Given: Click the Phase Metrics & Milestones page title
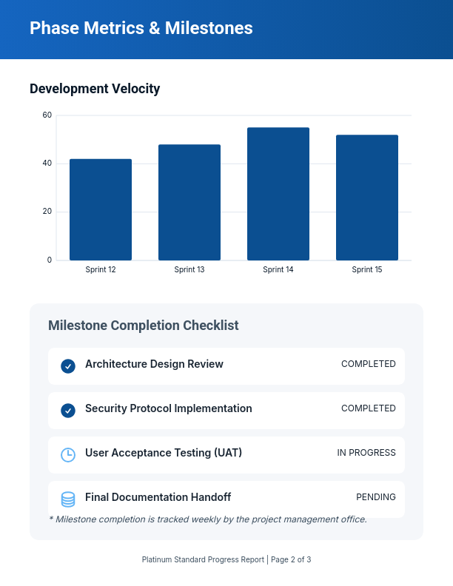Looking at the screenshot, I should [x=141, y=28].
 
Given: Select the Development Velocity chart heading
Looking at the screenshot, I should [x=95, y=89].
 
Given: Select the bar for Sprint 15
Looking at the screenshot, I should [x=367, y=198].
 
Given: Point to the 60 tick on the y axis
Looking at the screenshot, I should [x=47, y=115].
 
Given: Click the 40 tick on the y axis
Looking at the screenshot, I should [x=47, y=164].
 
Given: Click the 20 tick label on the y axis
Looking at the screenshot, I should [x=47, y=212].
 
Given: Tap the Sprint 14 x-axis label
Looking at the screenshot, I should [x=278, y=270].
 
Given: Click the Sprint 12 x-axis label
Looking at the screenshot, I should [x=101, y=270].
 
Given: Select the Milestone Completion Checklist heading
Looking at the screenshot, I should [x=143, y=326].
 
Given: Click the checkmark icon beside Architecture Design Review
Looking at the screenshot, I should [x=68, y=366].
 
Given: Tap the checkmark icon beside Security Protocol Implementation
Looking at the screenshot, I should [x=68, y=410].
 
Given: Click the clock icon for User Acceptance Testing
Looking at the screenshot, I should [x=68, y=454].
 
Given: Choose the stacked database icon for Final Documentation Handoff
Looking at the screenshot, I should [x=68, y=499].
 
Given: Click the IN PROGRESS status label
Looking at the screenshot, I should [x=366, y=453].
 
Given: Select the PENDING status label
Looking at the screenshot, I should [x=376, y=497].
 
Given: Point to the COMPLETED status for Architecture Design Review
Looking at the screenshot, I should [x=369, y=364].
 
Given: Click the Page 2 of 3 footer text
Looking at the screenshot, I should [x=291, y=560].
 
